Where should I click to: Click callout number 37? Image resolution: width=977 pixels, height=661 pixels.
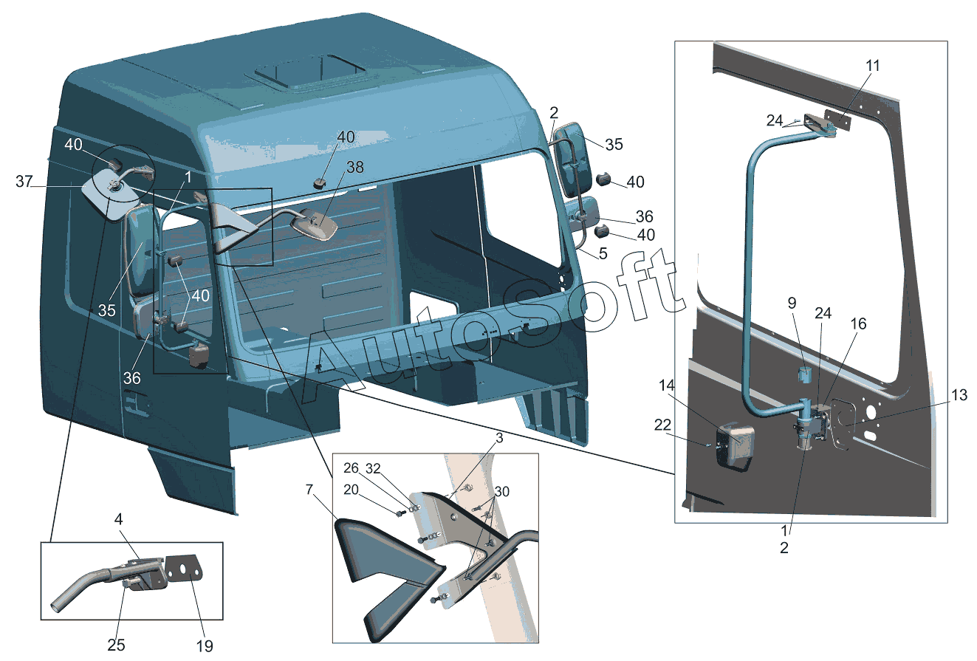point(24,182)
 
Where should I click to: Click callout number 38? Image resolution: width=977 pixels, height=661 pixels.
point(355,168)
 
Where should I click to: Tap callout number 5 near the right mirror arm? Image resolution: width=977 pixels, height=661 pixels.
point(603,253)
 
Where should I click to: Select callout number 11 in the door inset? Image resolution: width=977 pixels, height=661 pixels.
point(873,65)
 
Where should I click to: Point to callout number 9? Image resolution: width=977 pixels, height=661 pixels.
point(792,302)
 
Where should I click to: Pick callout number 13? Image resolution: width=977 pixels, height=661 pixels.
point(958,396)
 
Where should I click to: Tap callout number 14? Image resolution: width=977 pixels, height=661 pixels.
point(668,385)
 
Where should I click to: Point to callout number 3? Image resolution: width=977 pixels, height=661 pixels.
point(500,439)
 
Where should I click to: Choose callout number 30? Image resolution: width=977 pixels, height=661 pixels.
point(502,491)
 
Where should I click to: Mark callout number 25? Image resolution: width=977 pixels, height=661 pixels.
point(116,644)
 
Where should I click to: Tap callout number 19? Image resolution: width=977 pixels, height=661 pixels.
point(205,645)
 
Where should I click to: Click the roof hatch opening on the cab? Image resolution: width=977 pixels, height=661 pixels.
point(310,74)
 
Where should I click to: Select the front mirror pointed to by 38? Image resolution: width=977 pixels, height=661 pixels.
point(315,224)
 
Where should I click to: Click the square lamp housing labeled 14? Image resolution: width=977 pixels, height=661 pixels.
point(736,442)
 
